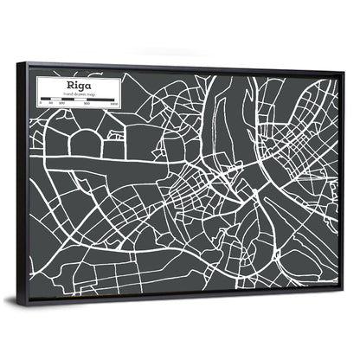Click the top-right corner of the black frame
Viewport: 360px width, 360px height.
345,70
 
